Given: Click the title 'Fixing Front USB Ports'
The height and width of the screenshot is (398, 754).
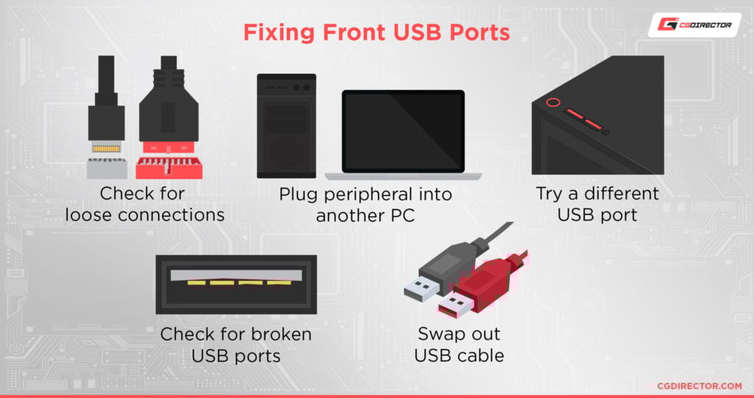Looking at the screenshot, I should pyautogui.click(x=376, y=33).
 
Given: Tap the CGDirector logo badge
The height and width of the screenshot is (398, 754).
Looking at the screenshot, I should pyautogui.click(x=694, y=24).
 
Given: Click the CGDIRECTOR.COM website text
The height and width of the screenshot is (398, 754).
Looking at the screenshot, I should pyautogui.click(x=699, y=385).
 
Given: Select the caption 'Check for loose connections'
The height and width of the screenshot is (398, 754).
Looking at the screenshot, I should pyautogui.click(x=144, y=204).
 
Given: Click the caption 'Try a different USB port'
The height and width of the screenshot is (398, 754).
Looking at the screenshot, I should pyautogui.click(x=596, y=204).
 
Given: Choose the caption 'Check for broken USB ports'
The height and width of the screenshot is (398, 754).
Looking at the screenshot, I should pyautogui.click(x=236, y=345).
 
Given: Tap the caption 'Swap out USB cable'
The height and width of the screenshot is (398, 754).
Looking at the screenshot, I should pyautogui.click(x=459, y=345).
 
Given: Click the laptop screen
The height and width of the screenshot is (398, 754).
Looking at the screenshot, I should pyautogui.click(x=403, y=131).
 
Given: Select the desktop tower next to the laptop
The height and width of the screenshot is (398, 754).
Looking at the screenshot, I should pyautogui.click(x=286, y=125).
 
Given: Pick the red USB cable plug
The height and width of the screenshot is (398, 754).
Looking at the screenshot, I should pyautogui.click(x=479, y=284).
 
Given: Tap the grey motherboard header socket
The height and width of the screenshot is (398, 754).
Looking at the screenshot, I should pyautogui.click(x=106, y=168).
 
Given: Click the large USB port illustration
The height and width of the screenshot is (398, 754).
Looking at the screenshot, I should pyautogui.click(x=236, y=284).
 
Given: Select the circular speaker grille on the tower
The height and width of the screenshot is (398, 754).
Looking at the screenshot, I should pyautogui.click(x=286, y=152).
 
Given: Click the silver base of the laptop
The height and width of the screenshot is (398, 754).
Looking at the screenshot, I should pyautogui.click(x=403, y=177).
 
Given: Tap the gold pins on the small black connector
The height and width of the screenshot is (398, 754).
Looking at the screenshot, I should pyautogui.click(x=106, y=149).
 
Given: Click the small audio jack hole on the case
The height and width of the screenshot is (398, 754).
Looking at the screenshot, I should pyautogui.click(x=605, y=132).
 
